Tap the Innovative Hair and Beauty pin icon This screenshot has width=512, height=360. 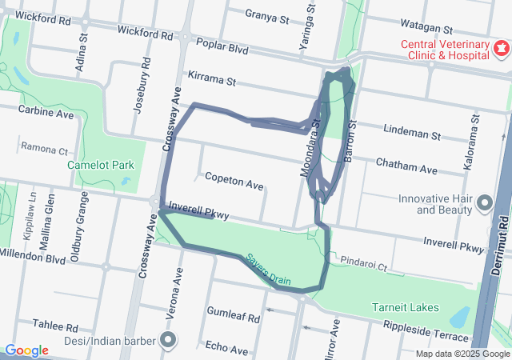483,204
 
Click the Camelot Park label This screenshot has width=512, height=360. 100,166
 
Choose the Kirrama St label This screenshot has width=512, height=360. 212,80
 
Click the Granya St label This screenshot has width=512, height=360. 266,16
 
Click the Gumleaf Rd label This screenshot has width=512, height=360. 233,318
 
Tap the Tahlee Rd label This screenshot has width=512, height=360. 55,326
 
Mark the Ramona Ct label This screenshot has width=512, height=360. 45,150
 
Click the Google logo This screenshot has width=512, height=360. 26,350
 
